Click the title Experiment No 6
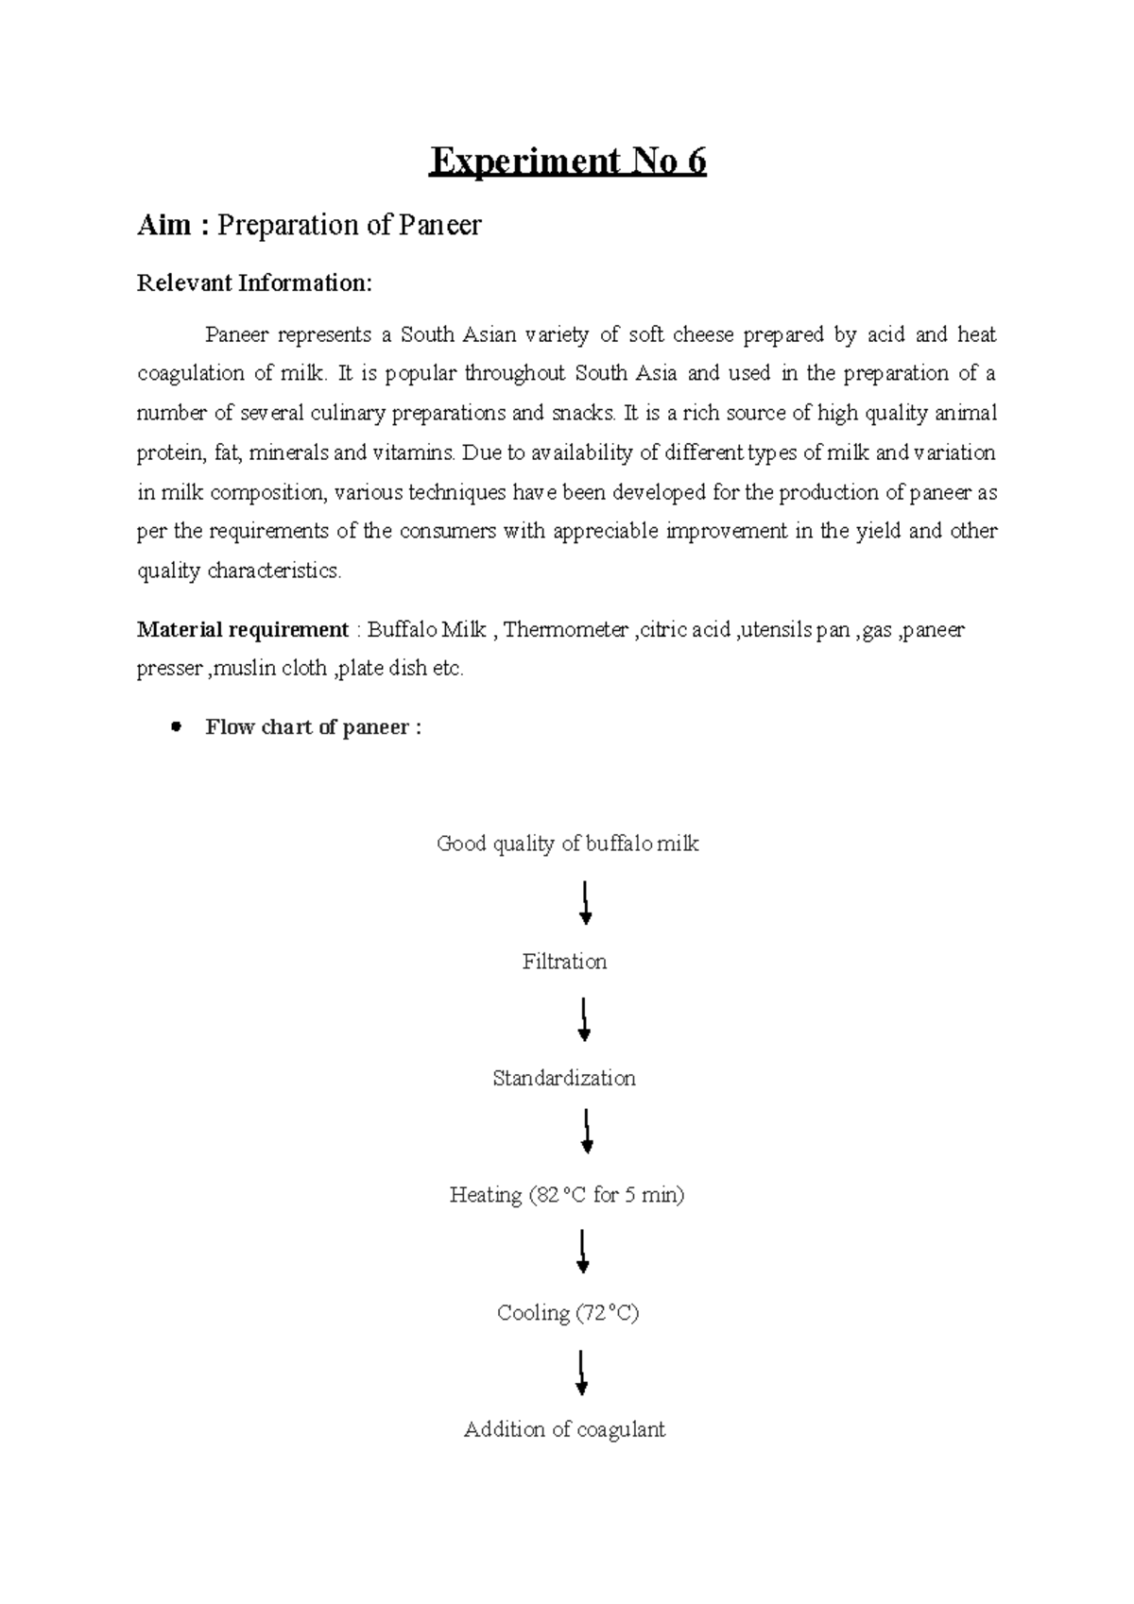[x=567, y=162]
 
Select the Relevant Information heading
[x=254, y=283]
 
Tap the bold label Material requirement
[x=243, y=630]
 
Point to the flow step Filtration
[x=564, y=962]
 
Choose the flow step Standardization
[x=564, y=1079]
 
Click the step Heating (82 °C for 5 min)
[x=566, y=1196]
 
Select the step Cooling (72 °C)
[x=567, y=1313]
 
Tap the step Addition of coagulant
[x=564, y=1430]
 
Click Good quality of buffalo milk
[x=567, y=845]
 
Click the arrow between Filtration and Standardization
[x=585, y=1020]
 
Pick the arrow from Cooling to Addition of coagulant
[x=582, y=1373]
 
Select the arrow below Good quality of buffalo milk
[x=586, y=903]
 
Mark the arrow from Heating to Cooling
[x=583, y=1253]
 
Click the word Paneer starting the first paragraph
[x=237, y=335]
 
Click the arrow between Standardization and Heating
[x=587, y=1133]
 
